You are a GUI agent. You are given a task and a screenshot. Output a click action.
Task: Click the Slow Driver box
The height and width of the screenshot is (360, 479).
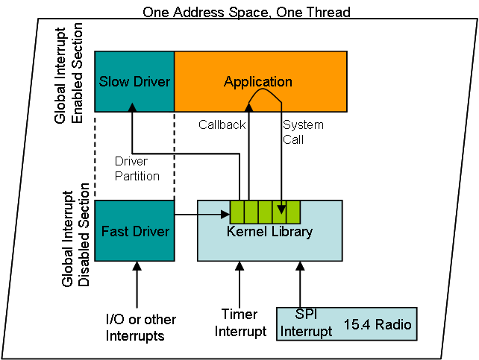[x=134, y=81]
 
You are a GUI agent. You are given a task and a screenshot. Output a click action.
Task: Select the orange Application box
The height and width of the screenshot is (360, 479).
[x=260, y=81]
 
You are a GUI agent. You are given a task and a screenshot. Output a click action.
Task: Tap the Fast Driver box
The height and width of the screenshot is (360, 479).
[x=134, y=231]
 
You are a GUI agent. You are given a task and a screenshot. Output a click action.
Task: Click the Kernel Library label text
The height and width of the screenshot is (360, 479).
[x=269, y=232]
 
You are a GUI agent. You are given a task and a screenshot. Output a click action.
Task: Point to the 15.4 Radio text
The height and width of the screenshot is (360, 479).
[x=377, y=325]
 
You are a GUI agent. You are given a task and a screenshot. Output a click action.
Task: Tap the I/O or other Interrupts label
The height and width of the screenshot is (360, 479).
[x=141, y=327]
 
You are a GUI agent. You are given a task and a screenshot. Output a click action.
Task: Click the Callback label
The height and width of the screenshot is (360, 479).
[x=222, y=125]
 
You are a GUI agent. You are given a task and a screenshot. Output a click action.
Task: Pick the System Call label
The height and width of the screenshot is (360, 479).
[x=303, y=132]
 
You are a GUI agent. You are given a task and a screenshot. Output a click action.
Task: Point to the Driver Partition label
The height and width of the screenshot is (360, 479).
[x=137, y=168]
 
